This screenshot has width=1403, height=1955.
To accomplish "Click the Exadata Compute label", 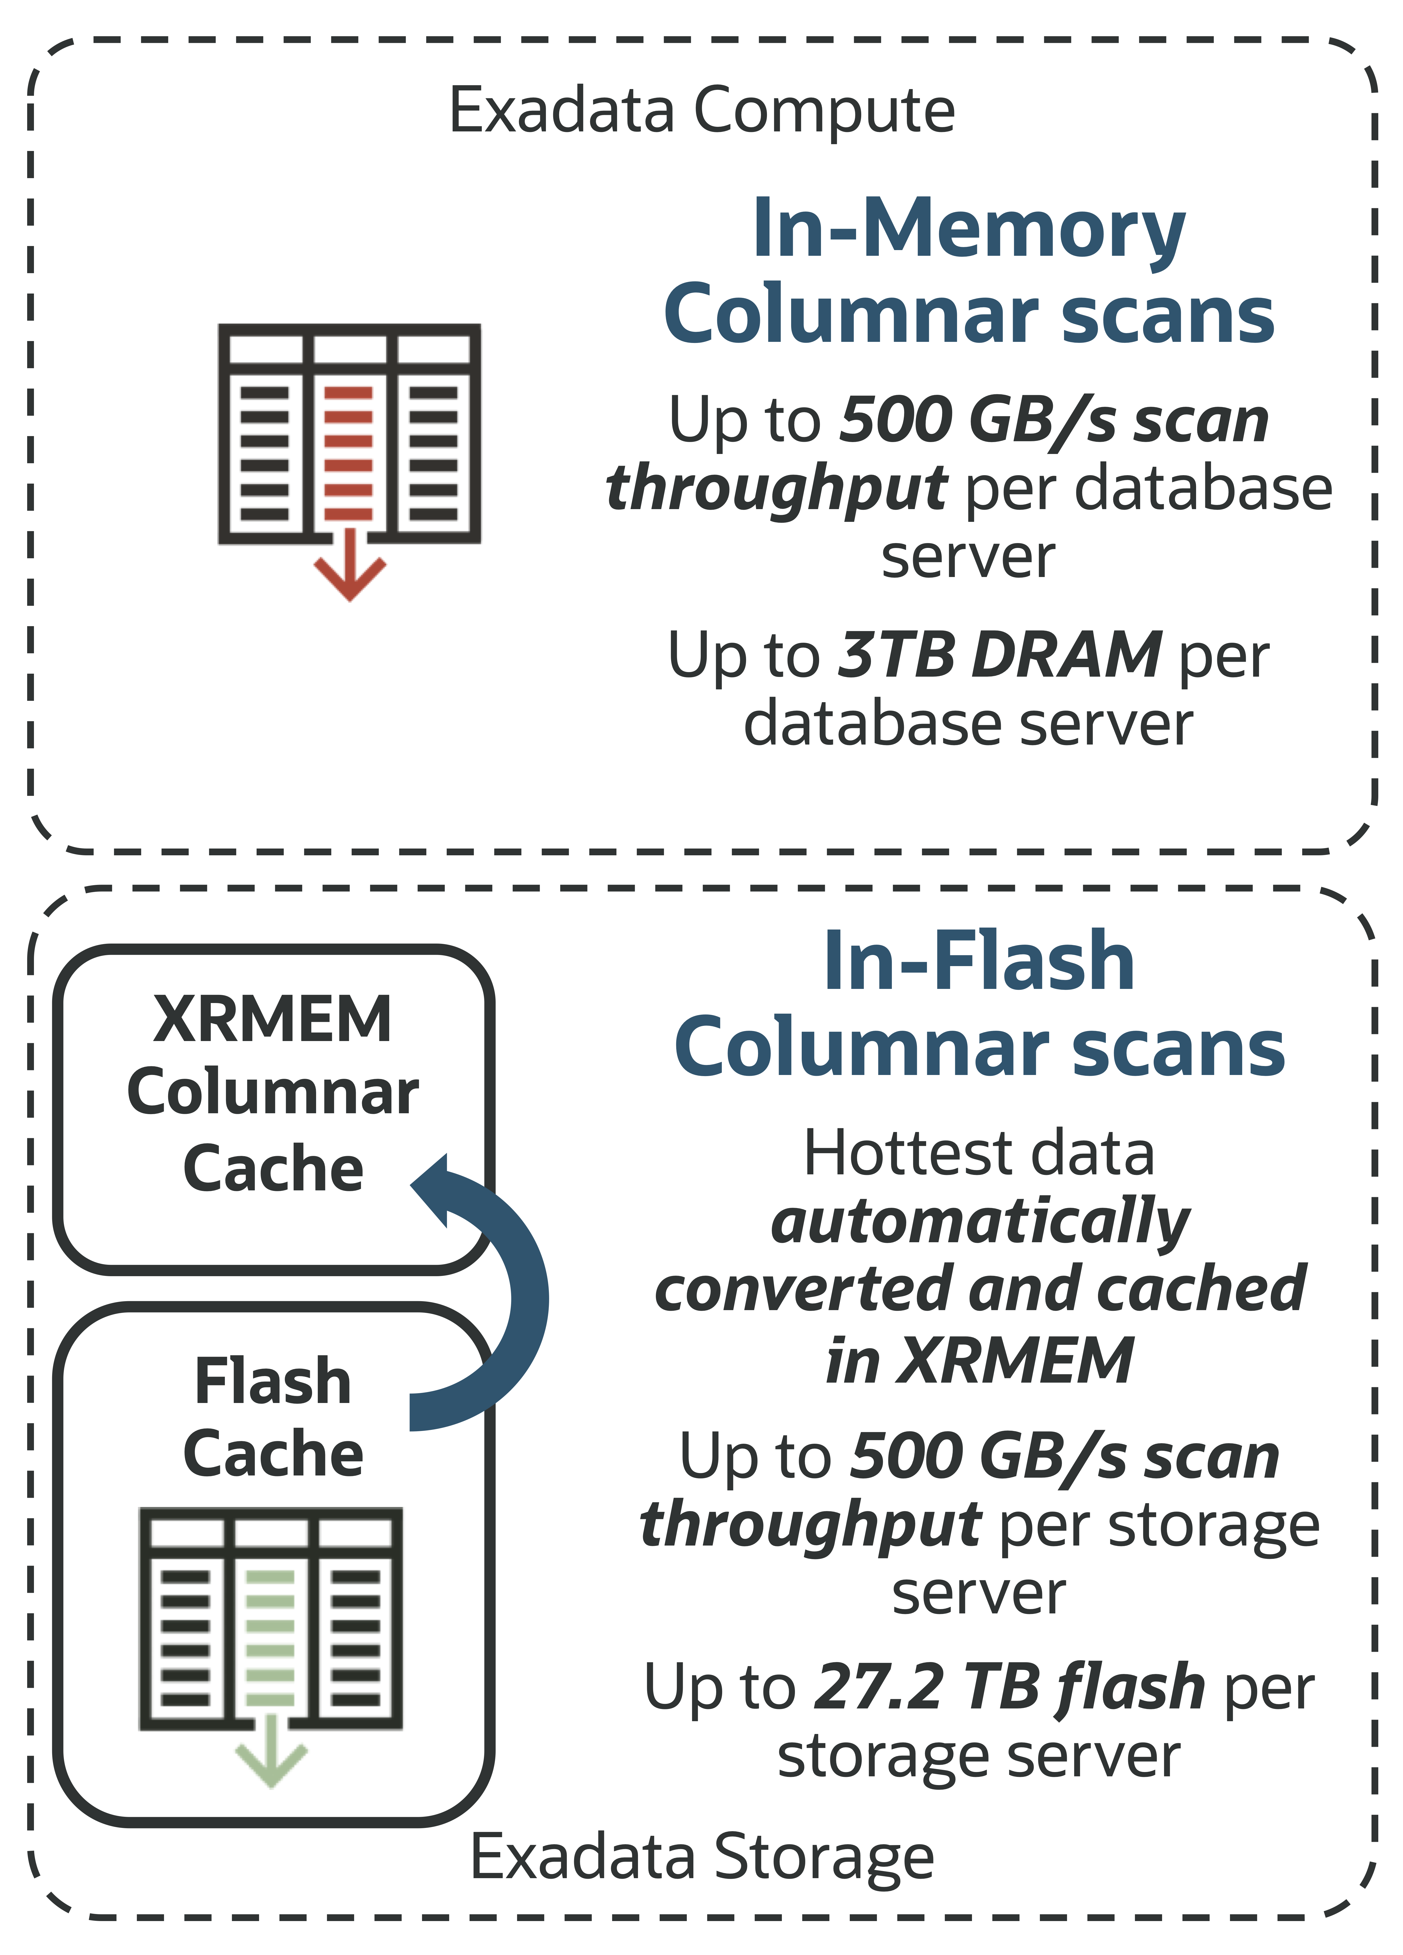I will coord(701,110).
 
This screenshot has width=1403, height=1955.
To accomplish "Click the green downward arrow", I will coord(271,1754).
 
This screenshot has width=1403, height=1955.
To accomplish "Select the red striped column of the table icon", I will coord(348,453).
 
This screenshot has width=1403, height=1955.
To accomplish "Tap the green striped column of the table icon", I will coord(270,1638).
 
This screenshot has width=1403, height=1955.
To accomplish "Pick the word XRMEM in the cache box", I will coord(272,1020).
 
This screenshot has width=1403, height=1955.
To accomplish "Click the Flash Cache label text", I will coord(272,1418).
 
